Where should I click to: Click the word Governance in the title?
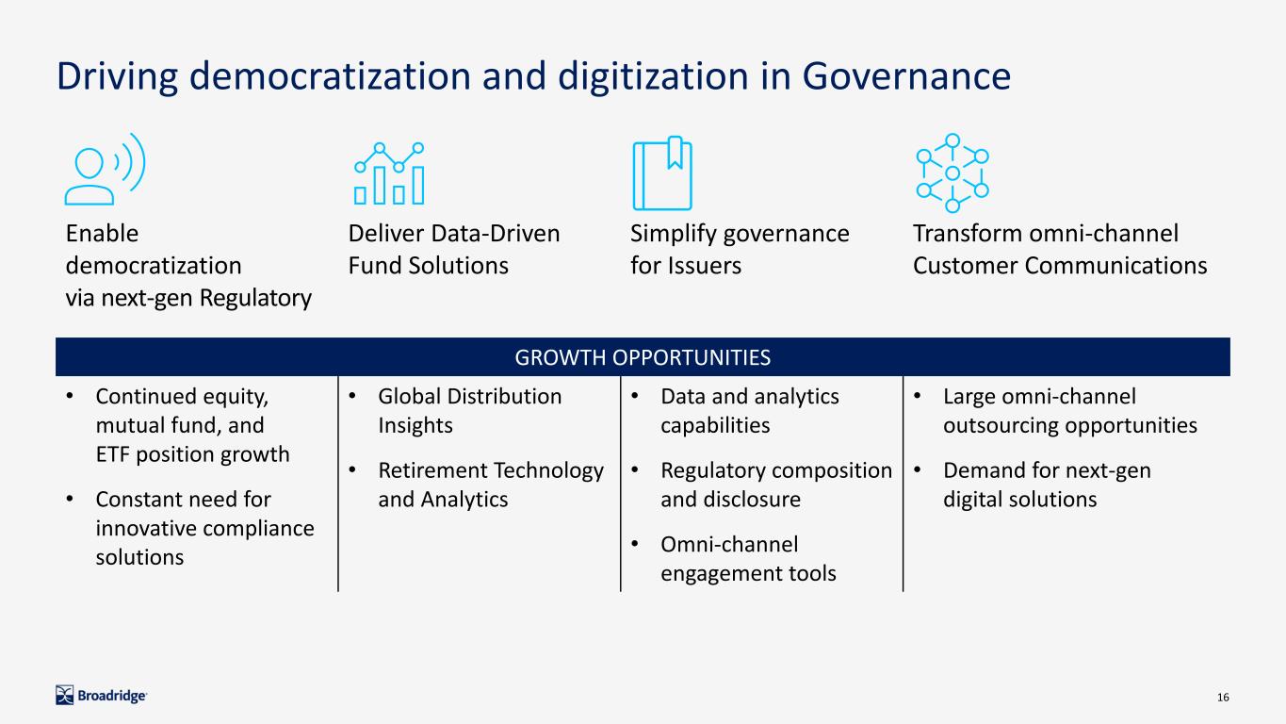[x=906, y=75]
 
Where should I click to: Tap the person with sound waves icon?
[x=106, y=170]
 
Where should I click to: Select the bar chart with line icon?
[x=389, y=173]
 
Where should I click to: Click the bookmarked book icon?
[x=662, y=173]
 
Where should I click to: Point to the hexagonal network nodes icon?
[x=952, y=173]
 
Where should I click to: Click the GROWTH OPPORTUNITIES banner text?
[x=643, y=357]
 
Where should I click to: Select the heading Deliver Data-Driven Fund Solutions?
[x=453, y=250]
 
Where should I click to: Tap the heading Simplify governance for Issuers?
[x=740, y=250]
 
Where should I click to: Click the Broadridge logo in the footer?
[x=101, y=696]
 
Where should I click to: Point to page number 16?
[x=1223, y=698]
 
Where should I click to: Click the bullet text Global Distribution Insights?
[x=469, y=411]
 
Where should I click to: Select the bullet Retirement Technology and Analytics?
[x=491, y=485]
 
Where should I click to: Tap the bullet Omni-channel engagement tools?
[x=748, y=558]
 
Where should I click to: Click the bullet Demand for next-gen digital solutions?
[x=1047, y=485]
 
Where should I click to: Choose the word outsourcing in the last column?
[x=1001, y=426]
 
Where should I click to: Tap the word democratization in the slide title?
[x=330, y=75]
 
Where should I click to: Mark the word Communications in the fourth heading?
[x=1115, y=266]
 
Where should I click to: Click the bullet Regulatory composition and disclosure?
[x=776, y=485]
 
